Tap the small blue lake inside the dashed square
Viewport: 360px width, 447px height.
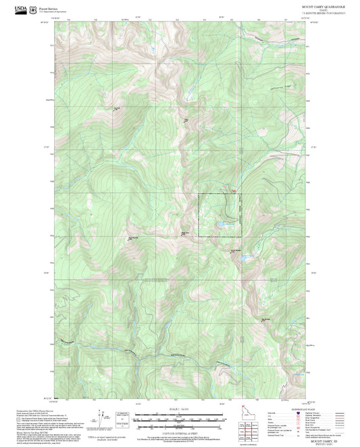point(220,222)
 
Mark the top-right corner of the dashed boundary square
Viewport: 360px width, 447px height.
point(239,194)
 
